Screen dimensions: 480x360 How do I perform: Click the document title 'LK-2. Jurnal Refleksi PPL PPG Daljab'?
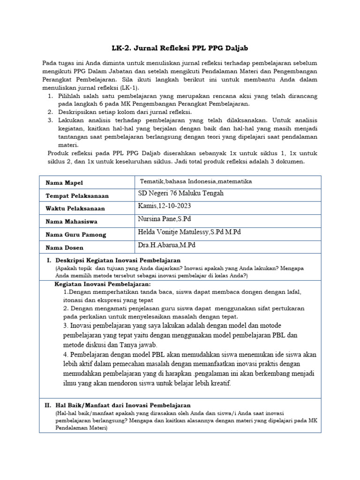[x=180, y=48]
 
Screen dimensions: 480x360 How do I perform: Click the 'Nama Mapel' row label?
[x=64, y=182]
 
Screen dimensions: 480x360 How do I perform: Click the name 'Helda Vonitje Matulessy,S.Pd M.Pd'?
[x=189, y=232]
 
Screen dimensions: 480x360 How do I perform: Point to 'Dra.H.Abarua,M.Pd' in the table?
[x=166, y=245]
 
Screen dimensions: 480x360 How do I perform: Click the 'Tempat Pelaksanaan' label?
[x=77, y=195]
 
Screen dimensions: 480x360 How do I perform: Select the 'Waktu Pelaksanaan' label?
[x=75, y=209]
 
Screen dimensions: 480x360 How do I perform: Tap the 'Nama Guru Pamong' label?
[x=75, y=234]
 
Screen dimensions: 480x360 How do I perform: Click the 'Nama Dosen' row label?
[x=64, y=247]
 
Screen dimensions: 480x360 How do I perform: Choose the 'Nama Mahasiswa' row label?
[x=71, y=222]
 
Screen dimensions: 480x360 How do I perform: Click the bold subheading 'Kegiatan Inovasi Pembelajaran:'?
[x=103, y=284]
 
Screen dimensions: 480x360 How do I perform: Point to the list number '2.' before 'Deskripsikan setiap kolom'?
[x=50, y=112]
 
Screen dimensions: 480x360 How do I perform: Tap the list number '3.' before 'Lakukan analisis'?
[x=50, y=120]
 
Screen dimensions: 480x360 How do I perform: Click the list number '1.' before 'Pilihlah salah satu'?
[x=50, y=96]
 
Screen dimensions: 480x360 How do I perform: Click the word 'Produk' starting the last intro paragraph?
[x=59, y=153]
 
